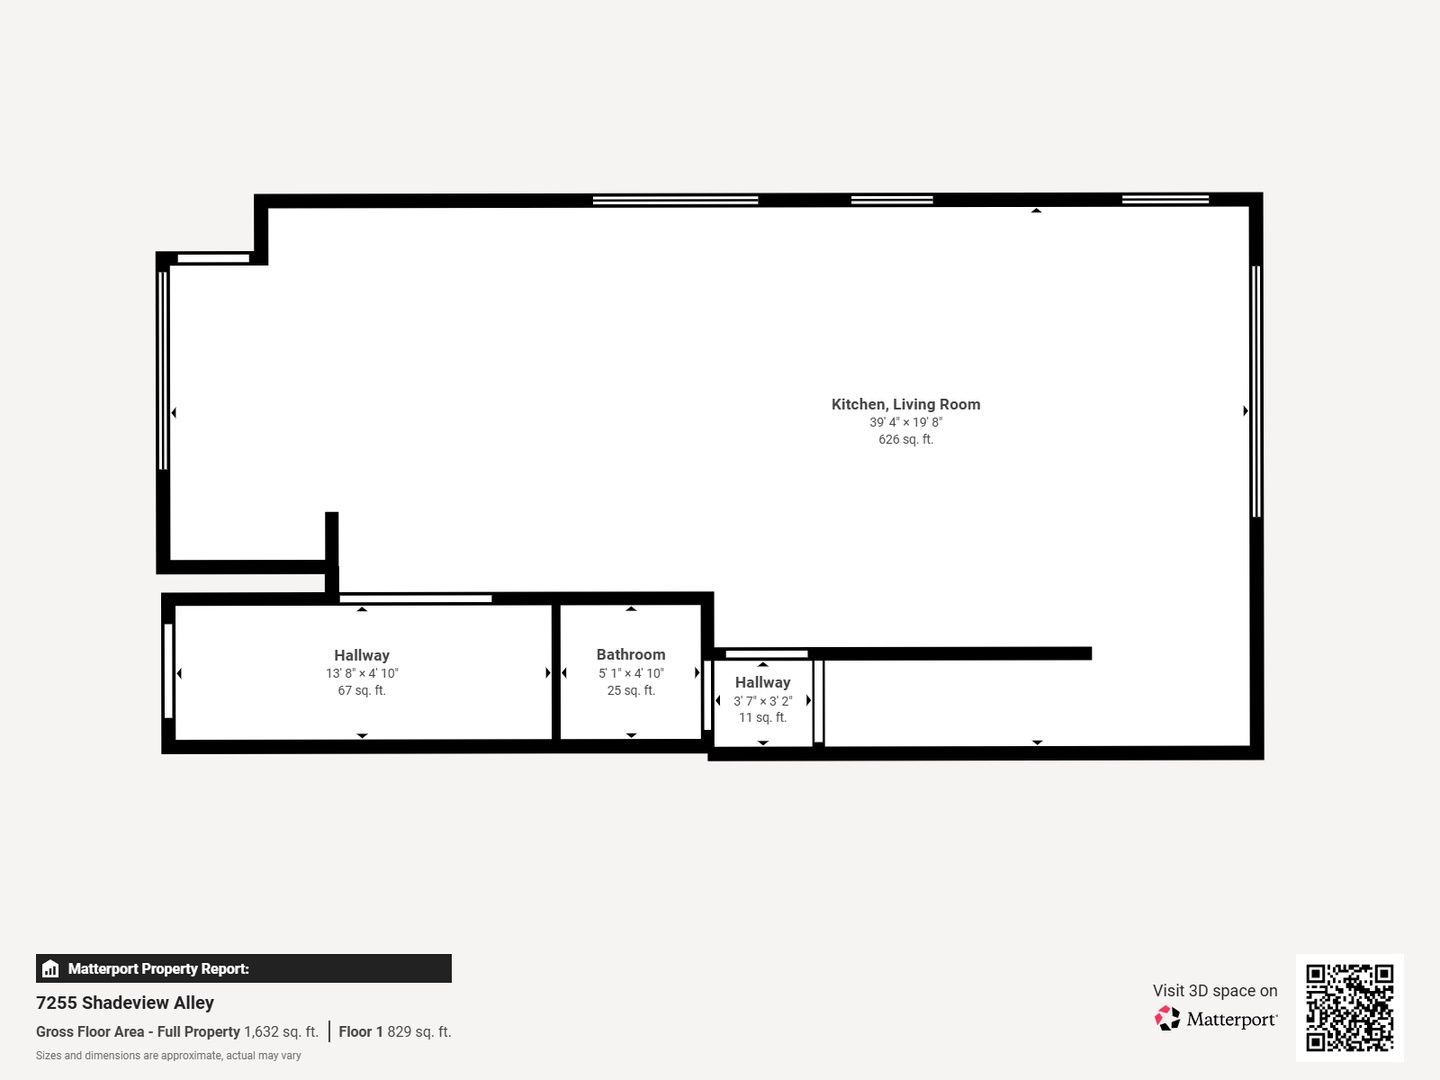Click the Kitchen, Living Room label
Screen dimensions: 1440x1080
[905, 405]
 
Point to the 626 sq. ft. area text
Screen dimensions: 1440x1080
[905, 439]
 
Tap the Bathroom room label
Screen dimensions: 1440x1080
[630, 654]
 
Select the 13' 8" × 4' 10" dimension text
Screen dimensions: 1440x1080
[361, 673]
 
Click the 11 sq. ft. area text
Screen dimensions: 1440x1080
[762, 717]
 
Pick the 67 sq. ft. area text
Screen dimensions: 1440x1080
[361, 690]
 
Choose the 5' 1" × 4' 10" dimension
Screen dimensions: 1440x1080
[630, 673]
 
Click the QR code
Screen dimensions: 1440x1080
[1349, 1008]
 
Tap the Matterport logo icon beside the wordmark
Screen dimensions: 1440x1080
[1167, 1018]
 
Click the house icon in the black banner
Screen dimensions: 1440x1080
[51, 969]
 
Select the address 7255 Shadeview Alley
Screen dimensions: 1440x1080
[125, 1003]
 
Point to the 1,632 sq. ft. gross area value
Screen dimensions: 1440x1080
[281, 1031]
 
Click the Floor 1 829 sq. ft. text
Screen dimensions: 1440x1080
[395, 1031]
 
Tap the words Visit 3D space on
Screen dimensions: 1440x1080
[1215, 991]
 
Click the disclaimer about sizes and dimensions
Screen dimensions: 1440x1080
[169, 1056]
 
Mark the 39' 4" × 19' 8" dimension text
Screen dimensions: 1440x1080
[905, 422]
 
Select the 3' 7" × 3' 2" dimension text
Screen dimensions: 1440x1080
[762, 701]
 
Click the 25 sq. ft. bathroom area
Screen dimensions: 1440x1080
[630, 690]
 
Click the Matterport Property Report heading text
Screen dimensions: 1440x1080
[159, 969]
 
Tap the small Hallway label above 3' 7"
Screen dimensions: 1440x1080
[762, 683]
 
